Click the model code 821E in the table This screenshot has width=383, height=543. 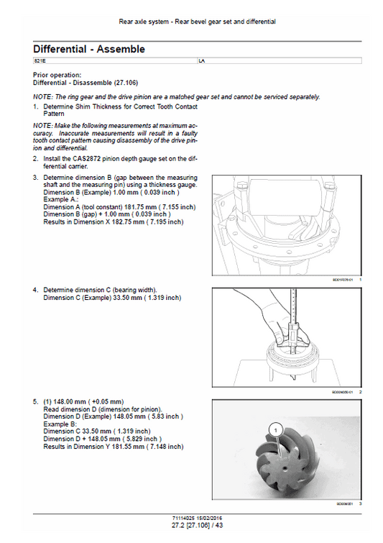[x=40, y=63]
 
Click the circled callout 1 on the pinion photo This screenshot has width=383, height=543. [x=273, y=429]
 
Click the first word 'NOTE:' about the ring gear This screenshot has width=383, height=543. [x=42, y=97]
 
